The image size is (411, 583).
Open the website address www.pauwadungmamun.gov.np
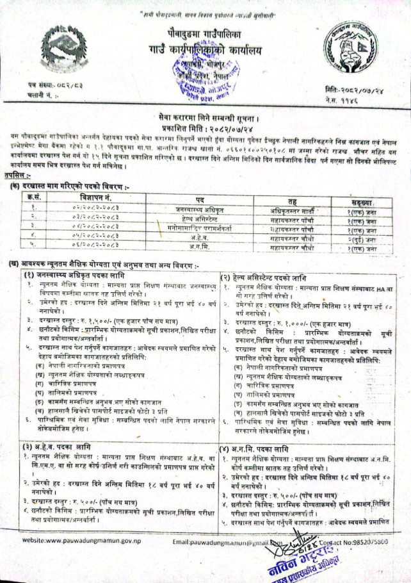[70, 542]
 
